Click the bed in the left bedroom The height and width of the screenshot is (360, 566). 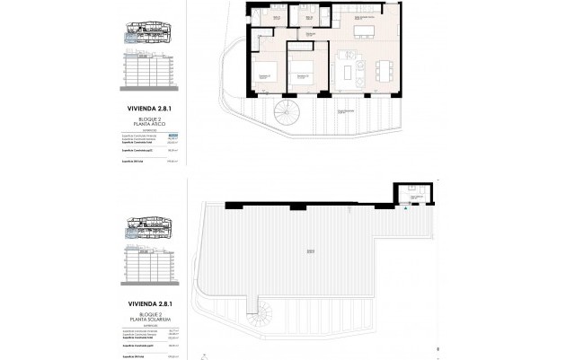[x=262, y=73]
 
